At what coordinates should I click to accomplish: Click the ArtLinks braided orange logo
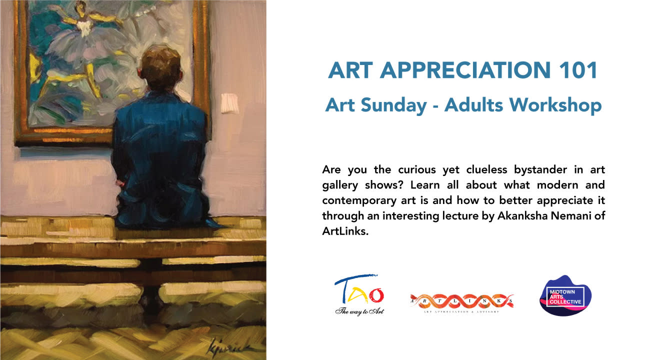pyautogui.click(x=461, y=301)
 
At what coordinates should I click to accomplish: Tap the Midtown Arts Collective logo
pyautogui.click(x=565, y=295)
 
